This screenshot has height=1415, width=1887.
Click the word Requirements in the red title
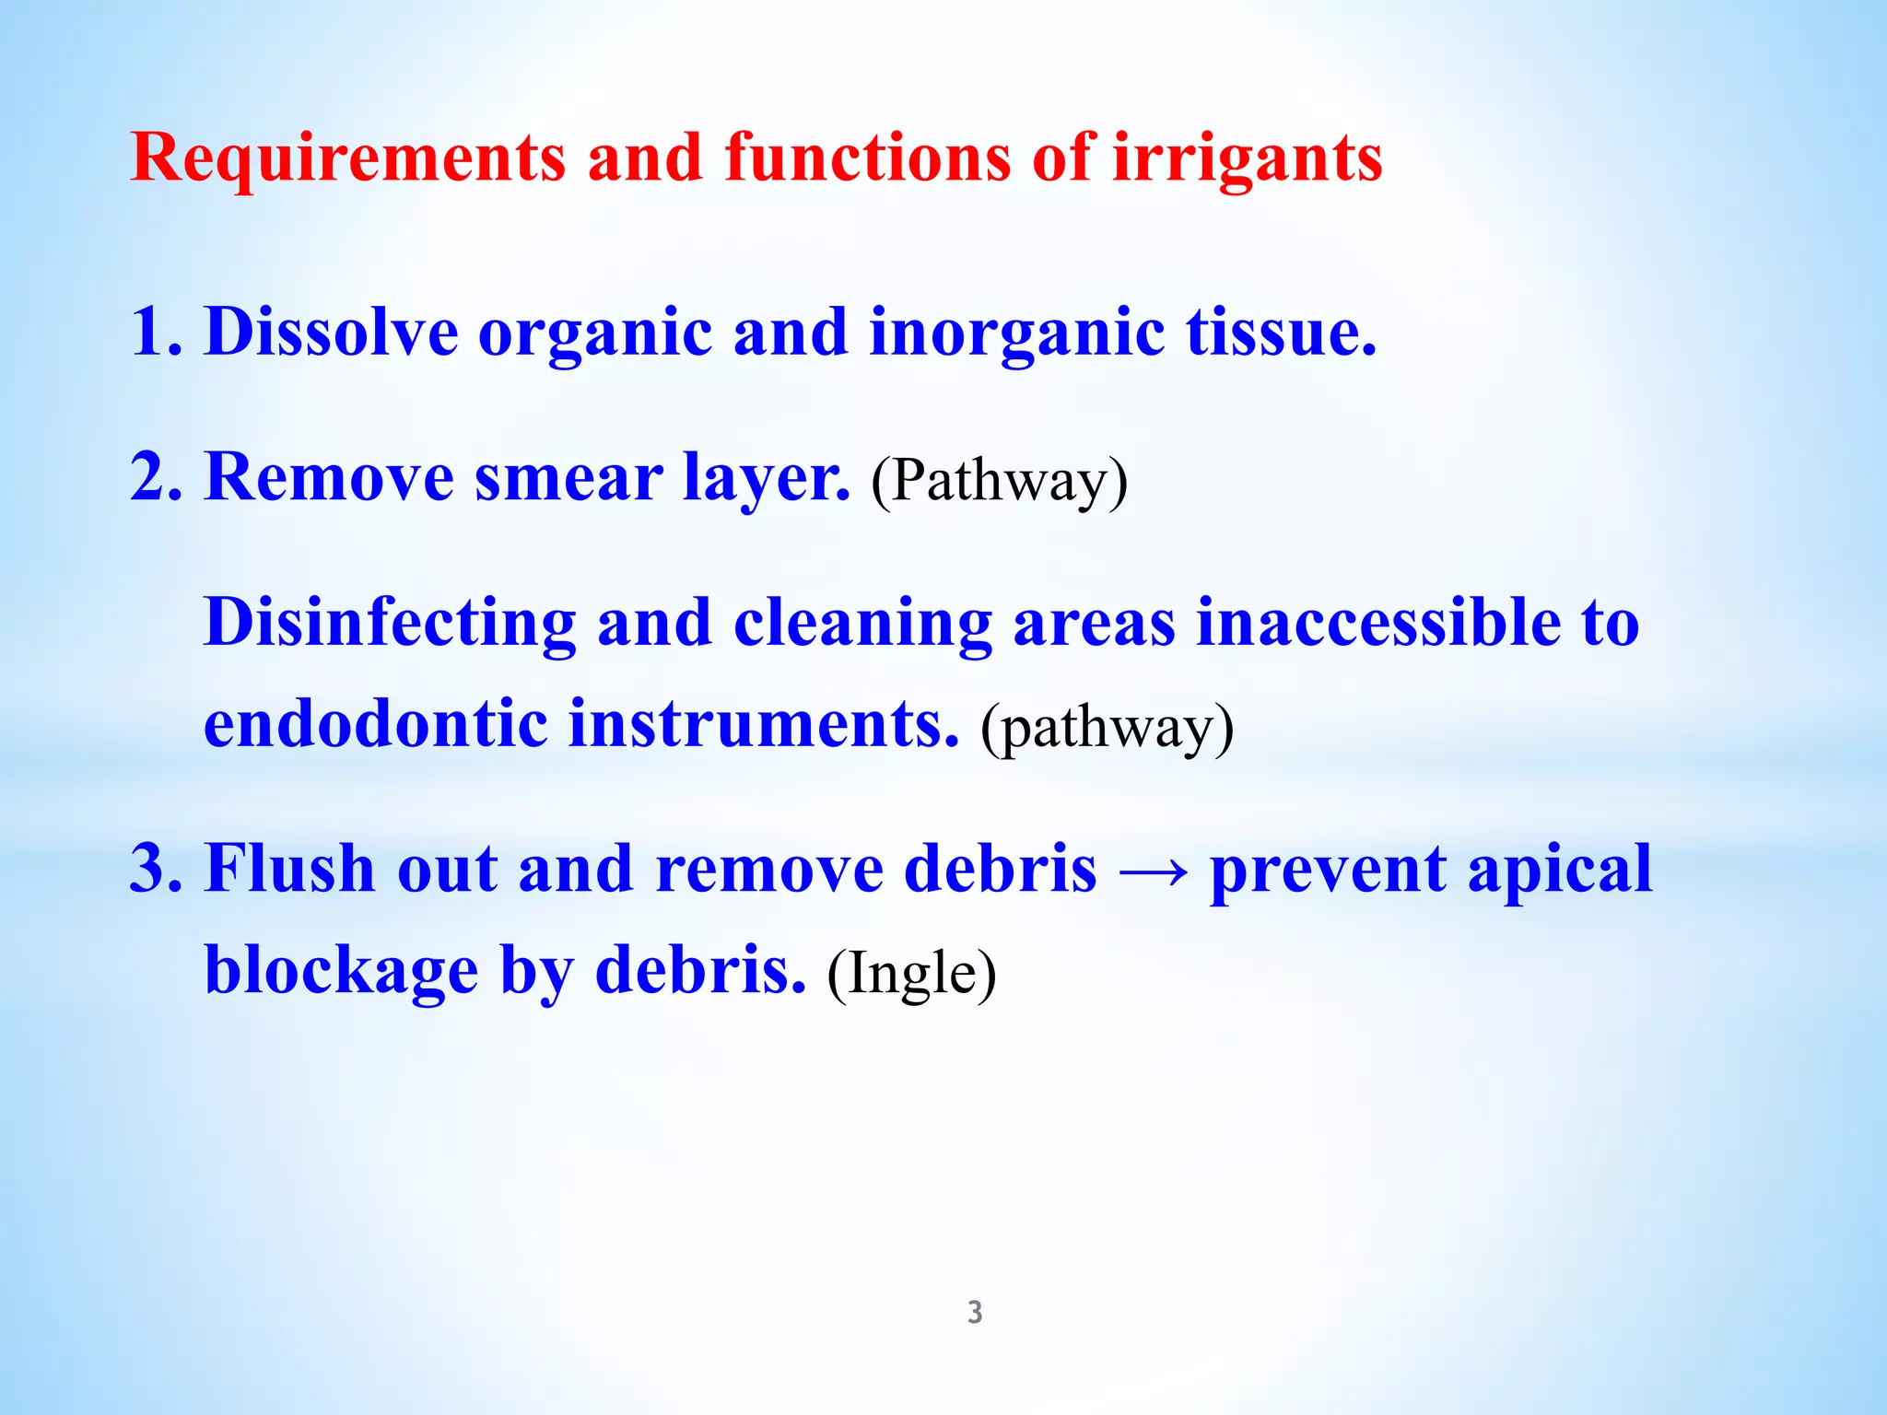click(347, 158)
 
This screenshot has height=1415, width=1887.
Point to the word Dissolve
click(331, 332)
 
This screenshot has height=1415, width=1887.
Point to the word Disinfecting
click(390, 624)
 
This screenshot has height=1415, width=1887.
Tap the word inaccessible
click(1377, 622)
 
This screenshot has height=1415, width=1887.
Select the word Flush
click(289, 869)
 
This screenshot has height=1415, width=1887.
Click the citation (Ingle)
click(911, 974)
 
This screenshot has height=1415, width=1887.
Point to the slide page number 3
click(975, 1312)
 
